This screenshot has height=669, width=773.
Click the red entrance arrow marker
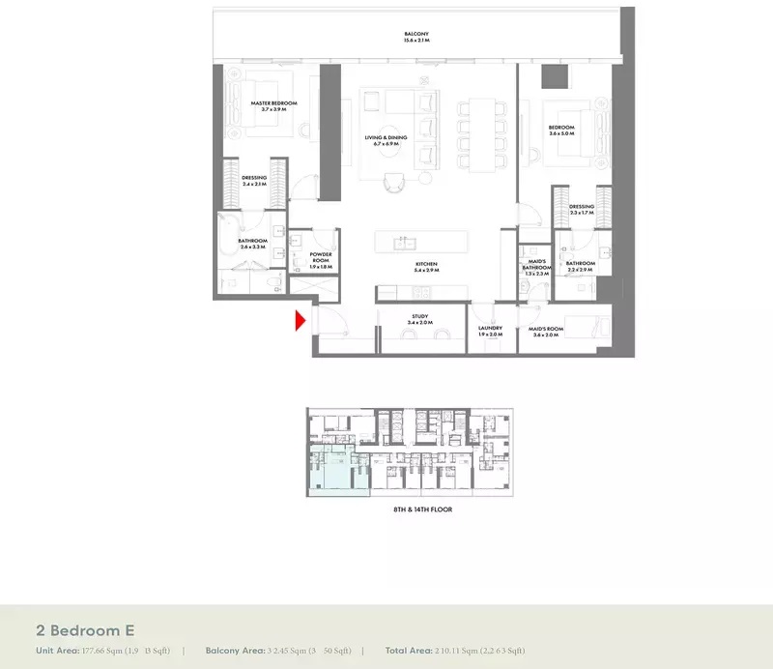pos(301,320)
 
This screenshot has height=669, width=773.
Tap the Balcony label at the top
pos(416,35)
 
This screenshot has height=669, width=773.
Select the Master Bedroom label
pos(273,102)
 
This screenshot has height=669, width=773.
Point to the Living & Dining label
pos(386,138)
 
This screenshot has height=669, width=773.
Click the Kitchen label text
pos(426,264)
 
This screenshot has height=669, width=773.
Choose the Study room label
pos(419,316)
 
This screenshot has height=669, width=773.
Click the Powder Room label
pos(321,257)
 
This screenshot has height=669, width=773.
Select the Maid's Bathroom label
pos(536,264)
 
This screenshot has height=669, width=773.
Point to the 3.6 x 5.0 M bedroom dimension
pos(561,134)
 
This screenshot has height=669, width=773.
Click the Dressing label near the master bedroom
pos(254,178)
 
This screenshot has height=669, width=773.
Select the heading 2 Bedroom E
pos(85,628)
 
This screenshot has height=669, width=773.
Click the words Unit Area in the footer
pos(57,651)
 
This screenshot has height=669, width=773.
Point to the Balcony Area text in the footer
pos(233,651)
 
